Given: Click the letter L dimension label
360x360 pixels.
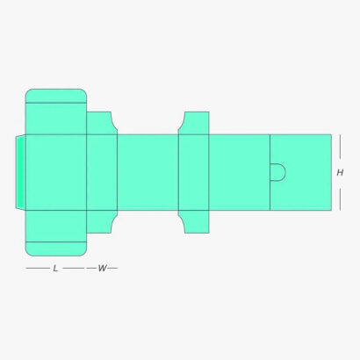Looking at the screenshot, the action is tap(55, 268).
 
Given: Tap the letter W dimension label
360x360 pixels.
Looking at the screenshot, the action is tap(102, 268).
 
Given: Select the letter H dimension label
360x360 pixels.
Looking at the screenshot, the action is tap(340, 173).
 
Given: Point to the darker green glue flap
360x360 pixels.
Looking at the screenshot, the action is tap(20, 172).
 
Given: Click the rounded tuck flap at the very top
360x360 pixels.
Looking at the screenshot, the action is tap(56, 96).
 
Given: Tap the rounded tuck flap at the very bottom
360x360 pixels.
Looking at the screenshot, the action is tap(56, 248).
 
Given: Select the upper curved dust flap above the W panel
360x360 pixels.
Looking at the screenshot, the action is tap(100, 123).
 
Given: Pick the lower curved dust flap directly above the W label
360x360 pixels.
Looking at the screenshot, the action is tap(100, 221).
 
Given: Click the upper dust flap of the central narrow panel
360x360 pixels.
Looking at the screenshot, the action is tap(195, 123).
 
